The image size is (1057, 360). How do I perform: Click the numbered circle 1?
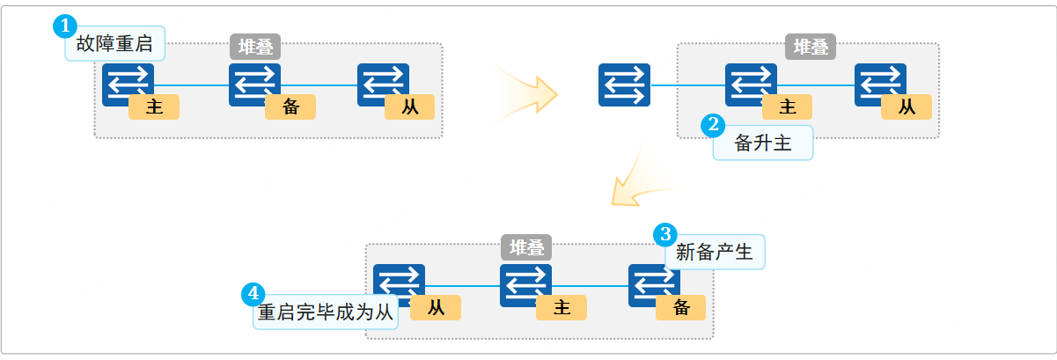point(65,26)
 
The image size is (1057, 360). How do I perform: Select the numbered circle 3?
point(664,234)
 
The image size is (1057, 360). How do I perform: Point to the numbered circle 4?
point(253,294)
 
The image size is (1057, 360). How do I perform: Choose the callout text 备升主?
point(763,143)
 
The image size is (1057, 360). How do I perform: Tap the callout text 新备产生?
point(714,253)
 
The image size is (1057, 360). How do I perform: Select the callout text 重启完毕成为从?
point(326,312)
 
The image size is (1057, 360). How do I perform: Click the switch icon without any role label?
point(624,85)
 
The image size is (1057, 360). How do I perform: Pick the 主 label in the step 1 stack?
point(154,107)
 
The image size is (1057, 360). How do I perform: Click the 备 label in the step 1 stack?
point(290,107)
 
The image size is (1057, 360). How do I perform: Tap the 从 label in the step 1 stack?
point(410,107)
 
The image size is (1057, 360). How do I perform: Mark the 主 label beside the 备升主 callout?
point(788,107)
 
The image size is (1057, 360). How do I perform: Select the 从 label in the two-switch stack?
point(907,107)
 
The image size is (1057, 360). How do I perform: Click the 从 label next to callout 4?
point(436,307)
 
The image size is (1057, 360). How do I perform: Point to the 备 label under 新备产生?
point(680,307)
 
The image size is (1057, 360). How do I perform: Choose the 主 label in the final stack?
point(562,307)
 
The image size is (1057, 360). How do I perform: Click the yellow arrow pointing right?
point(528,90)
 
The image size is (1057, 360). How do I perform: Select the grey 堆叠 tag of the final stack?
point(526,247)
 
